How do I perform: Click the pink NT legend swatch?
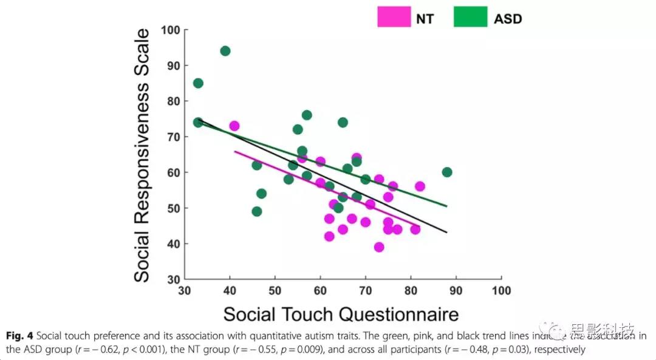[x=394, y=17]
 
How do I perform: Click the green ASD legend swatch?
[x=470, y=17]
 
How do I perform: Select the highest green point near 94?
[x=225, y=51]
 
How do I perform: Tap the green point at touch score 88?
[x=447, y=172]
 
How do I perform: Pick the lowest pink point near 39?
[x=379, y=247]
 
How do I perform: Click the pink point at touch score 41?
[x=234, y=126]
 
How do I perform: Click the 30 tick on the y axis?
[x=174, y=280]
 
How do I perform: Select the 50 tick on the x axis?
[x=275, y=291]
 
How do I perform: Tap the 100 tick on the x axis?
[x=502, y=291]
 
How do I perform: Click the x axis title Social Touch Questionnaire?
[x=340, y=314]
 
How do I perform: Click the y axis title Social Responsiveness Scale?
[x=142, y=155]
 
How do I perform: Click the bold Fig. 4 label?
[x=19, y=336]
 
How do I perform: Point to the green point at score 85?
[x=198, y=83]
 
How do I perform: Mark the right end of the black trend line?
[x=447, y=232]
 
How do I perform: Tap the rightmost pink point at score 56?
[x=420, y=186]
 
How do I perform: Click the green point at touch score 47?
[x=261, y=194]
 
